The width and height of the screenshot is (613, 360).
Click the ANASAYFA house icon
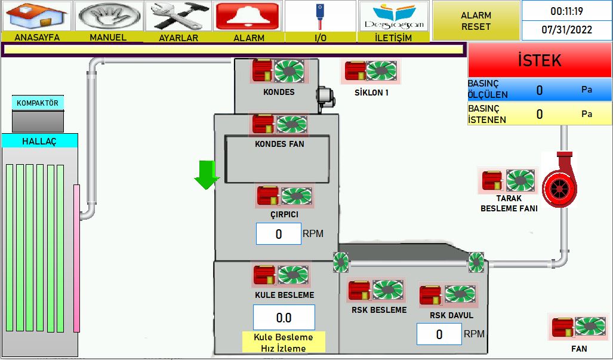pos(37,16)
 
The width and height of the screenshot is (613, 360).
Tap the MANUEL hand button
pos(109,16)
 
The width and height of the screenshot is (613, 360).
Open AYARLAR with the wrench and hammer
pos(178,16)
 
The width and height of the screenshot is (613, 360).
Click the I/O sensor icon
pos(320,16)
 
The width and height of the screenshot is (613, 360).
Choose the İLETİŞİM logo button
pos(394,16)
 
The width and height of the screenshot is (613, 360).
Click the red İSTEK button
pos(540,60)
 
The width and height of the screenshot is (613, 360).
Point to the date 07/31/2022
pos(566,30)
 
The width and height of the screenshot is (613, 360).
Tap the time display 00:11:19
pos(566,11)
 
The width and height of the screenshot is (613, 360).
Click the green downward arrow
pos(207,175)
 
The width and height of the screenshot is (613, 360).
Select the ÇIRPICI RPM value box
pos(278,234)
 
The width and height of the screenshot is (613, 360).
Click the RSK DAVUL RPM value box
pos(439,334)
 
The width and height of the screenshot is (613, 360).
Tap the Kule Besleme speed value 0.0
pos(284,318)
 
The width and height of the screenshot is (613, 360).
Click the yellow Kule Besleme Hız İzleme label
pos(284,343)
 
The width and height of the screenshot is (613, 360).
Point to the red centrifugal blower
pos(559,180)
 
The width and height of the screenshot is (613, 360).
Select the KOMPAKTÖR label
pos(38,103)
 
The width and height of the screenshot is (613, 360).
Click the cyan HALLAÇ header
pos(39,141)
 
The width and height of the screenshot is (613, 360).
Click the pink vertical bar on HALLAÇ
pos(76,259)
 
